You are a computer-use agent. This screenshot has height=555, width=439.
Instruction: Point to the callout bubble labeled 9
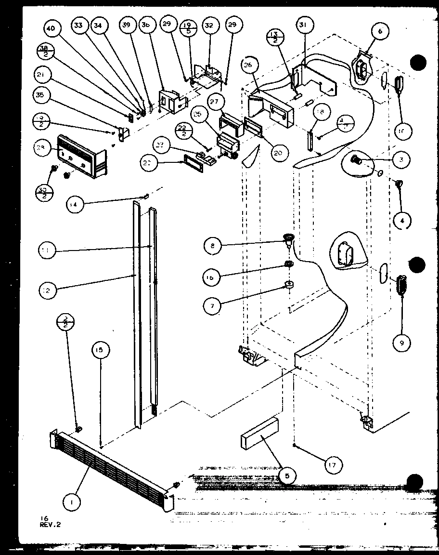402,343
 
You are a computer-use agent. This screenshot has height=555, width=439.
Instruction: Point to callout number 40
51,29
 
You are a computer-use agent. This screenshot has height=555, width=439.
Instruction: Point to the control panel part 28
81,155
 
